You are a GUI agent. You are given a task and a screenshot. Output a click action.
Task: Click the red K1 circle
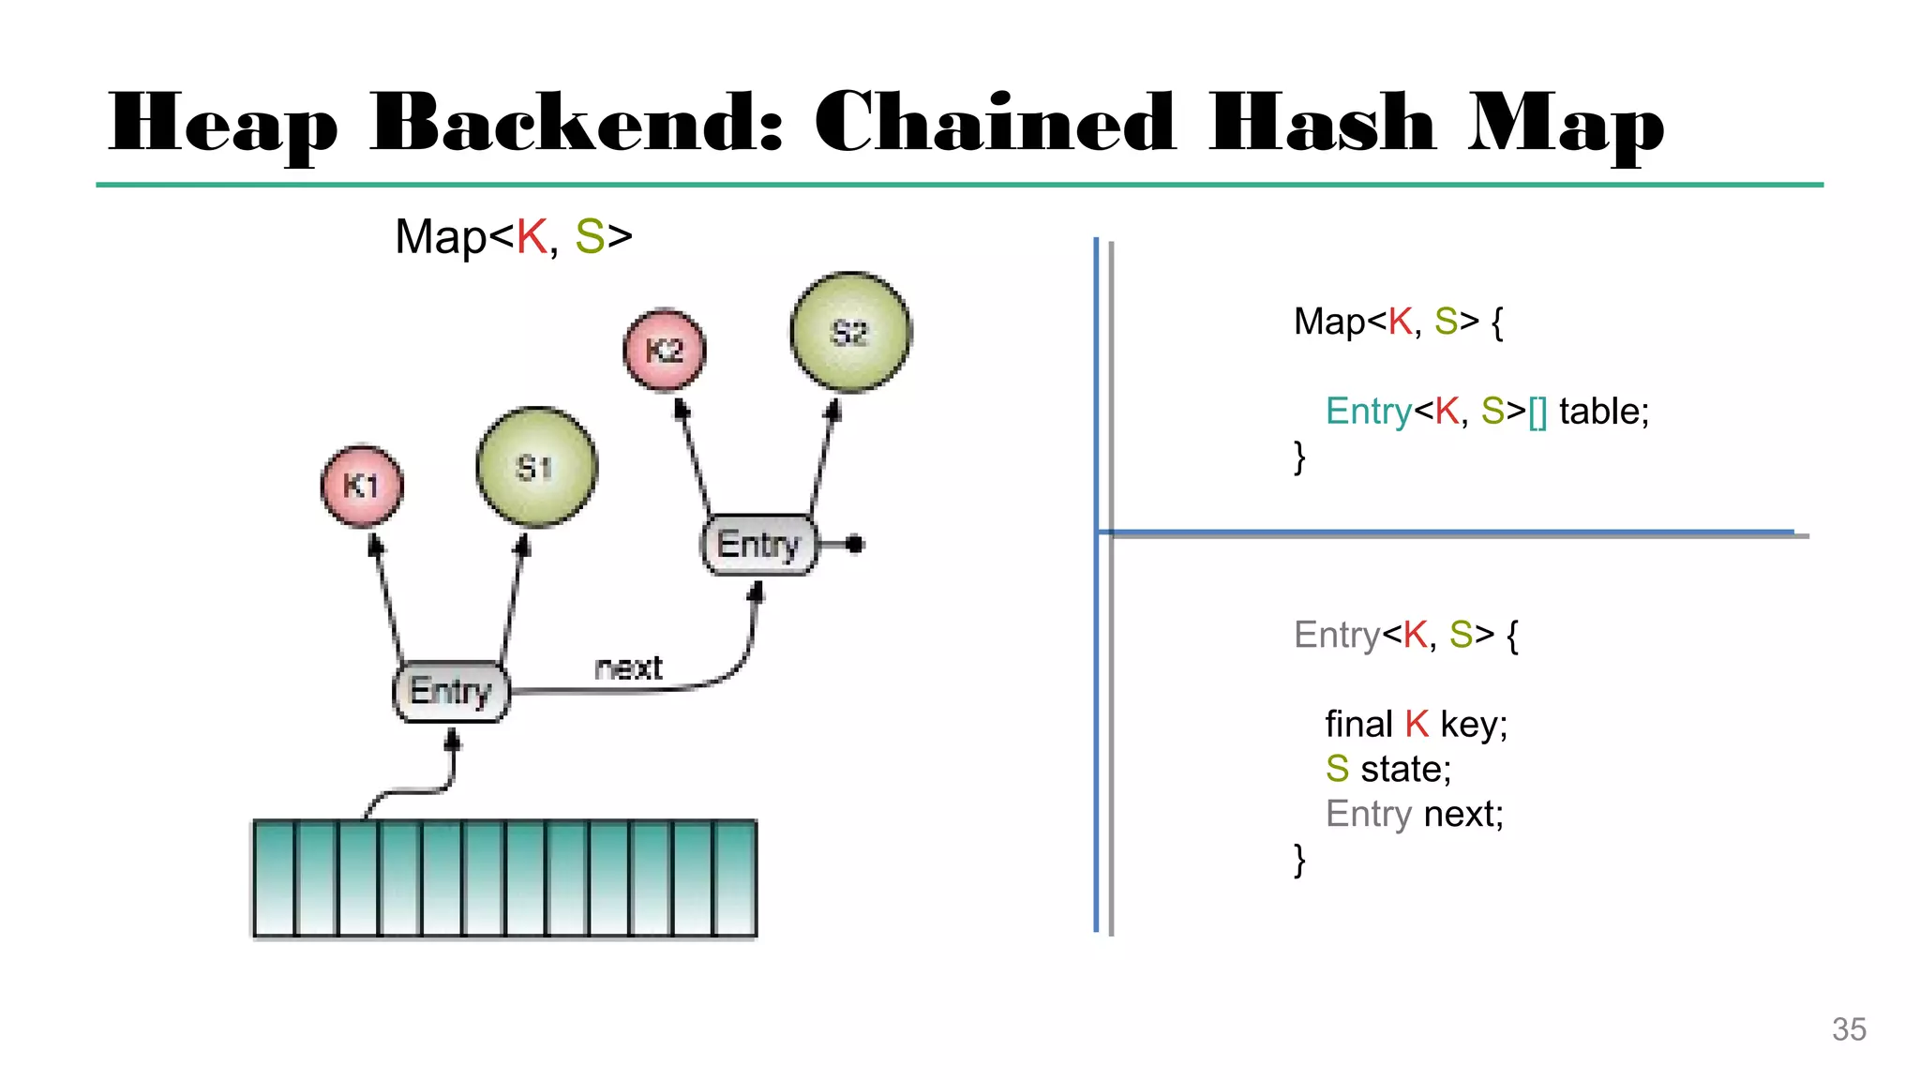362,486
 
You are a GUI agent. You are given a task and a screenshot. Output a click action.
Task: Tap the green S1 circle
536,467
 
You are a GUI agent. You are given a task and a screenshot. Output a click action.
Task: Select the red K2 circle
665,350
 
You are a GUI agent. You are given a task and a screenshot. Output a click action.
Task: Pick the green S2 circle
850,332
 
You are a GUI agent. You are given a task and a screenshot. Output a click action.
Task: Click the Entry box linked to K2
758,545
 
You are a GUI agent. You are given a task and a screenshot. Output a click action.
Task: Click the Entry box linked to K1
451,691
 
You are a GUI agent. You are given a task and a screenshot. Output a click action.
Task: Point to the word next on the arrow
628,667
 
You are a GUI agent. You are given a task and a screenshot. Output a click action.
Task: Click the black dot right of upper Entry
854,544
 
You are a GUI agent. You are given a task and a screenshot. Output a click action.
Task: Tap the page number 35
1849,1029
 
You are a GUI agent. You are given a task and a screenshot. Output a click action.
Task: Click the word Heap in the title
223,124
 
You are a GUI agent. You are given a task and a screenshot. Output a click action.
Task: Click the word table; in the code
1603,412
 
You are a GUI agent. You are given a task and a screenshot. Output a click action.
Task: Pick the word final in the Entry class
1358,725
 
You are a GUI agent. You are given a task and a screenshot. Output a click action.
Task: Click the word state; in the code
1405,769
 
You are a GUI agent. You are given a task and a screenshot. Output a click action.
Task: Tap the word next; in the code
1462,814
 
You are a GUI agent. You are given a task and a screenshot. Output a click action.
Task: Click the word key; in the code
1473,725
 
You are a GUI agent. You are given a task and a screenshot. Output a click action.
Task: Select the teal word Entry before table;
1368,412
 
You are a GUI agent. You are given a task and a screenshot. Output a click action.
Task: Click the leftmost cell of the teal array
274,877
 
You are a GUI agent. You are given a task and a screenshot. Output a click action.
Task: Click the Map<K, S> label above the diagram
513,236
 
